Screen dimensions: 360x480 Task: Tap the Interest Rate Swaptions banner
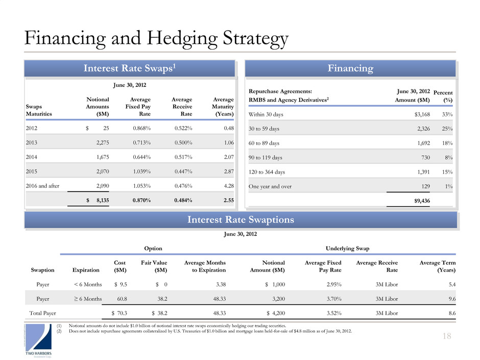click(240, 220)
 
